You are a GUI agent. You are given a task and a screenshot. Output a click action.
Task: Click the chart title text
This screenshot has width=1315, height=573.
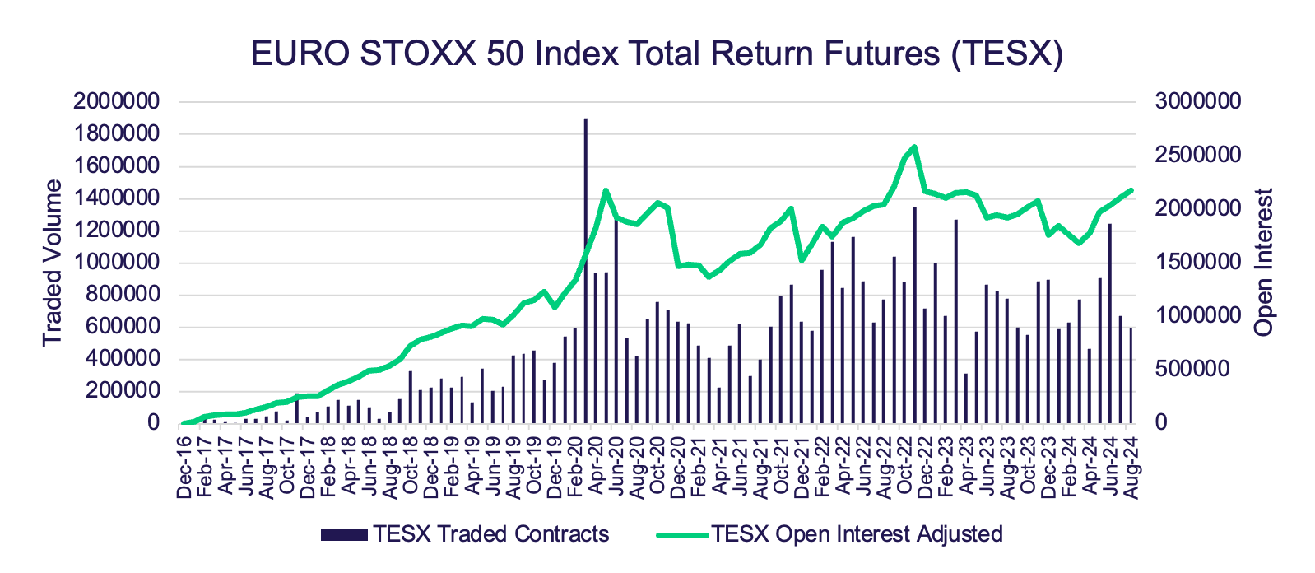tap(657, 54)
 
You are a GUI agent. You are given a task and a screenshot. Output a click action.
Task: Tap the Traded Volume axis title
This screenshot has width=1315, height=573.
tap(53, 263)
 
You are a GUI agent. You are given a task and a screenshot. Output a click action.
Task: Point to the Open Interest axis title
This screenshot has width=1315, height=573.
tap(1263, 263)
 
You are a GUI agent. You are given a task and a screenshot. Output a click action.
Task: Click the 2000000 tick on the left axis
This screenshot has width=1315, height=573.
tap(115, 102)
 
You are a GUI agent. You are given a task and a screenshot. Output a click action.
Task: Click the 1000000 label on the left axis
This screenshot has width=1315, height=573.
tap(115, 263)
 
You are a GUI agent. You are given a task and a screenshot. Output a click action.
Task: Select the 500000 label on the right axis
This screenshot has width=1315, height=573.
tap(1191, 369)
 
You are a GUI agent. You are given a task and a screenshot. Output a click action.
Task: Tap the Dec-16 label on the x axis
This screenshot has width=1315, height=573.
tap(184, 468)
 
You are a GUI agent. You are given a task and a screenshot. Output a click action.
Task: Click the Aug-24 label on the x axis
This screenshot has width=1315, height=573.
tap(1131, 468)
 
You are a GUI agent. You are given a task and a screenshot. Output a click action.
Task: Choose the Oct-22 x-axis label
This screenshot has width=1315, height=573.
tap(904, 468)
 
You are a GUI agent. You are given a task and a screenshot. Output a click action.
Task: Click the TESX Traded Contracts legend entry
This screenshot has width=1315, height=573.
tap(466, 534)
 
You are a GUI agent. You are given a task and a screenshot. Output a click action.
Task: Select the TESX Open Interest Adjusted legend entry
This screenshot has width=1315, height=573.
tap(831, 534)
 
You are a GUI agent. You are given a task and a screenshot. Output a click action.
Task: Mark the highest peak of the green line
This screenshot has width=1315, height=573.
tap(915, 147)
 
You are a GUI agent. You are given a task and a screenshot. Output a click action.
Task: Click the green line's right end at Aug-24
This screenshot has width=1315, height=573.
tap(1131, 190)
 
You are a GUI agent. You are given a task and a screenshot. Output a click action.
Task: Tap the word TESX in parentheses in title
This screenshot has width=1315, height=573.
tap(1006, 54)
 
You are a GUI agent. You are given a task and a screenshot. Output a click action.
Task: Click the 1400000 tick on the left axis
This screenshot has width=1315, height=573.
tap(115, 198)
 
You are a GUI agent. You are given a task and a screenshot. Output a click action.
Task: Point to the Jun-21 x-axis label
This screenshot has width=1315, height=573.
tap(740, 468)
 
